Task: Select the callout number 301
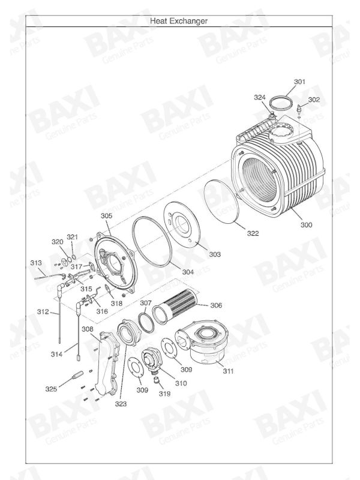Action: [x=299, y=82]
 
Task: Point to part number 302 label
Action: [x=314, y=100]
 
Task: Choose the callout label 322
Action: [x=253, y=233]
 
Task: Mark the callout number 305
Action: [x=106, y=215]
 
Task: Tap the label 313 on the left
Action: [x=36, y=263]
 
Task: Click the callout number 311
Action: [x=228, y=371]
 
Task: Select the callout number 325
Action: [x=51, y=389]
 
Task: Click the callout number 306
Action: [x=216, y=305]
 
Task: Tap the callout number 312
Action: [x=43, y=312]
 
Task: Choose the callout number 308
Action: [x=88, y=329]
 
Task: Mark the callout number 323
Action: [x=122, y=404]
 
